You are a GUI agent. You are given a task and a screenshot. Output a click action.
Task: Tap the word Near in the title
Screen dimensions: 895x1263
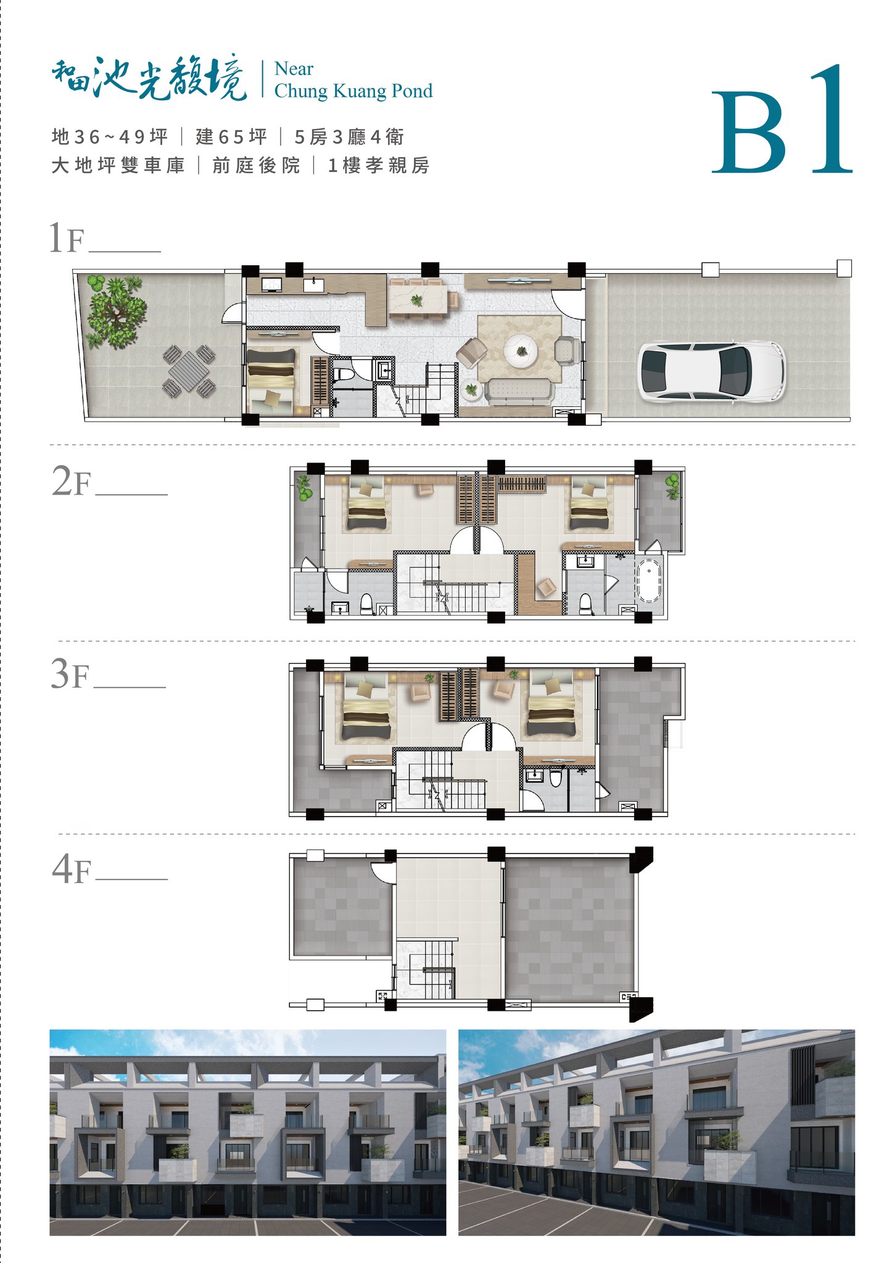[x=294, y=68]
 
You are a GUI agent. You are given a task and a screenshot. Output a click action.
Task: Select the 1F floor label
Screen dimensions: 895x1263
[x=66, y=238]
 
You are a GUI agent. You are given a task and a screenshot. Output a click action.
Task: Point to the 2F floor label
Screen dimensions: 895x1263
[x=71, y=482]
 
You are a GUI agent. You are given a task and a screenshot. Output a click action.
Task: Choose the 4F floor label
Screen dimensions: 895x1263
[x=72, y=870]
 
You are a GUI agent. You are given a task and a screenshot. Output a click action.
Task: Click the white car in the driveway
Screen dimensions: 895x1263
[x=711, y=372]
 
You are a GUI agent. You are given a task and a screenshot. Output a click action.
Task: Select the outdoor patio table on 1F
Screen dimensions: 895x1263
[x=189, y=371]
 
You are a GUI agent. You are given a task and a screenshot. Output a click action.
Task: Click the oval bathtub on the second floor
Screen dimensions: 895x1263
[x=649, y=580]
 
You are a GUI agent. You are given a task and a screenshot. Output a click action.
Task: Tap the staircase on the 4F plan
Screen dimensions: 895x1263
[x=426, y=969]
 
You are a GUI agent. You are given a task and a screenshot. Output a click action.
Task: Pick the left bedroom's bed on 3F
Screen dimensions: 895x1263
[x=366, y=707]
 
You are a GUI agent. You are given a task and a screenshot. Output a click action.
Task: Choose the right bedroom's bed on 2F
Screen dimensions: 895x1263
[x=590, y=503]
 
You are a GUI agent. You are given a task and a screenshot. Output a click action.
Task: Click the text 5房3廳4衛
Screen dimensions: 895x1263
[x=349, y=137]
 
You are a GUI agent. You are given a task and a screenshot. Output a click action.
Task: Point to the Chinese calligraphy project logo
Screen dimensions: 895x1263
[x=149, y=78]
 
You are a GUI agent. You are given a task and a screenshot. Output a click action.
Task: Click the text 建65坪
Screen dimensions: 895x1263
[x=231, y=137]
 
